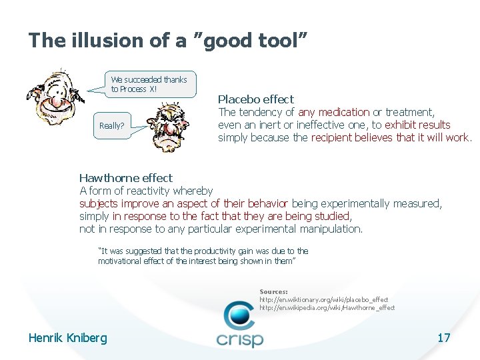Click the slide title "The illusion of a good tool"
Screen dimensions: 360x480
[x=168, y=41]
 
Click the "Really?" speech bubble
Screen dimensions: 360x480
[x=111, y=125]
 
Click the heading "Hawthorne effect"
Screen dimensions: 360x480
[x=125, y=178]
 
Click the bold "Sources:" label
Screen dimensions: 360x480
[x=273, y=292]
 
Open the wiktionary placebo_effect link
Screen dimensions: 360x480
[x=323, y=300]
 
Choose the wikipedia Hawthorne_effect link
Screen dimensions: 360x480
[x=327, y=308]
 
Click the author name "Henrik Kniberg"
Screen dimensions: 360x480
[x=67, y=338]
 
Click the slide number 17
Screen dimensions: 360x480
[x=443, y=338]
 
